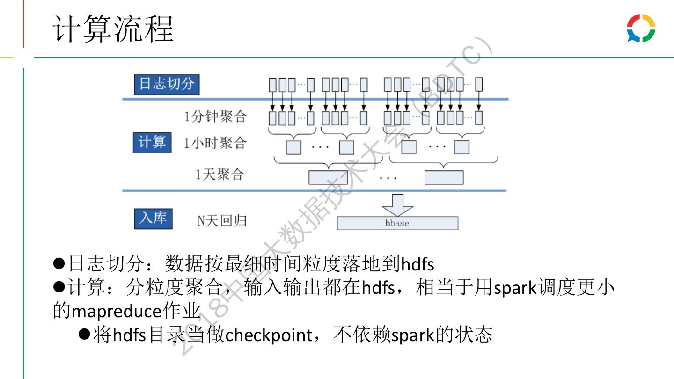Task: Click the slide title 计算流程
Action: coord(113,29)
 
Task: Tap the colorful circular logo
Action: coord(641,28)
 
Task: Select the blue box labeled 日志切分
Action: coord(167,84)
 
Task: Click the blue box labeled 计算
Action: coord(152,142)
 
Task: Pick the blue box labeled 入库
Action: coord(153,219)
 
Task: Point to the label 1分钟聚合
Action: coord(215,116)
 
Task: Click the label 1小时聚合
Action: coord(215,143)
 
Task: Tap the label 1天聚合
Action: coord(220,175)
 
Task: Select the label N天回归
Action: coord(221,220)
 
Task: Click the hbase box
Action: coord(397,223)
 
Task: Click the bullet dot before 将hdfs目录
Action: coord(84,335)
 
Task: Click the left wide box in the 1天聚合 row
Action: coord(328,177)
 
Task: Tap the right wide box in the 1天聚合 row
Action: coord(444,177)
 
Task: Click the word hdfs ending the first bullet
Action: coord(418,264)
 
